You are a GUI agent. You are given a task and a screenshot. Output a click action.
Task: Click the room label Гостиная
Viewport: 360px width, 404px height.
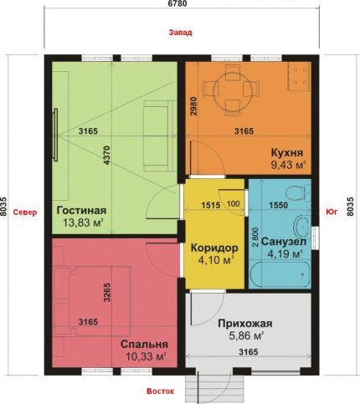click(x=81, y=211)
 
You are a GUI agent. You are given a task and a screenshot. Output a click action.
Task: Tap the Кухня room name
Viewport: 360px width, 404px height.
click(x=287, y=153)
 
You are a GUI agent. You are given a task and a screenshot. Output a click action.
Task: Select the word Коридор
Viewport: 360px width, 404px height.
click(x=214, y=248)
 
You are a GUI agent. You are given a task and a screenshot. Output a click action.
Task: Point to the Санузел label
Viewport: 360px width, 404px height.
click(x=284, y=242)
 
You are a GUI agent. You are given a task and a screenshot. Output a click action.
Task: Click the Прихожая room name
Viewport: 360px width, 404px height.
click(x=245, y=324)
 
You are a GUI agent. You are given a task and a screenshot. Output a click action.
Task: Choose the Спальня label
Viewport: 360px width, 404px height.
click(x=144, y=344)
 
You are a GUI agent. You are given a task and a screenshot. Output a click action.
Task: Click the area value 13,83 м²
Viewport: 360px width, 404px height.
click(x=83, y=222)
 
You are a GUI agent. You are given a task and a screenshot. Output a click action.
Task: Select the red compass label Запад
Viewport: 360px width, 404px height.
click(x=180, y=33)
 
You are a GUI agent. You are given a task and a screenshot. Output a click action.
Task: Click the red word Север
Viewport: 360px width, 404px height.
click(x=25, y=212)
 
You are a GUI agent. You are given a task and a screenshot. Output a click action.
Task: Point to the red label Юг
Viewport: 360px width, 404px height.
click(x=332, y=212)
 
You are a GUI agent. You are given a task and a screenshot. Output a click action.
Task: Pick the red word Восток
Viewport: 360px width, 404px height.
click(x=161, y=391)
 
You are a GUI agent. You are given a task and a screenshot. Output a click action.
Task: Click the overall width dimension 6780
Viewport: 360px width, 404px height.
click(x=177, y=3)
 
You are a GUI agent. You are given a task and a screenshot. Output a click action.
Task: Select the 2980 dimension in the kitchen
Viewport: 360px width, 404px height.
click(x=193, y=106)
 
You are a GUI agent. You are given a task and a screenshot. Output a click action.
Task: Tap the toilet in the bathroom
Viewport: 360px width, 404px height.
click(x=298, y=192)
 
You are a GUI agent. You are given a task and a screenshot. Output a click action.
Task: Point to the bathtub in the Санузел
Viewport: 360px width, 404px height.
click(x=280, y=274)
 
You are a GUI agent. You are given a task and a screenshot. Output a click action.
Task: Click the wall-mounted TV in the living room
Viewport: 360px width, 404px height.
click(x=55, y=135)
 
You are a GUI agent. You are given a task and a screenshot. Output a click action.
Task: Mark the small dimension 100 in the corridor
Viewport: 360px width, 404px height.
click(x=234, y=204)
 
